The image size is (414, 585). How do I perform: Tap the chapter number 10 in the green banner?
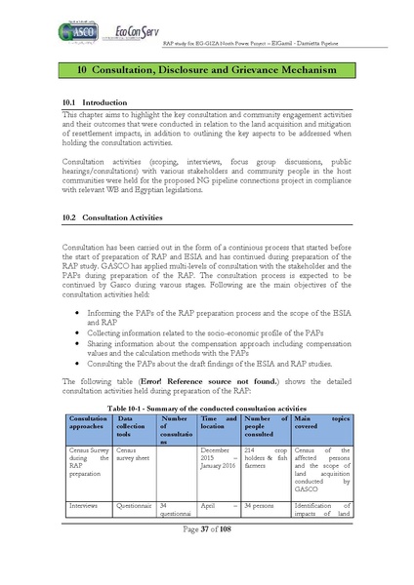[67, 72]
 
